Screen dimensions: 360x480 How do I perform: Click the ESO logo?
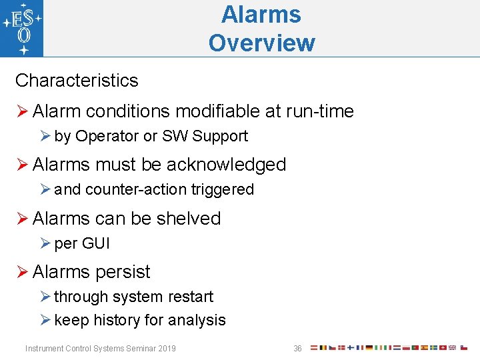(22, 28)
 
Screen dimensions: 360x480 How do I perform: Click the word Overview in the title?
(261, 43)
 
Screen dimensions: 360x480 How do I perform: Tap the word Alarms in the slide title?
(261, 14)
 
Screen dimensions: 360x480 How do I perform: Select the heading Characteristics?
(77, 81)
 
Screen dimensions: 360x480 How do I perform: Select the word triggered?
(223, 190)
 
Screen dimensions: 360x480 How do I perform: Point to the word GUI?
(95, 244)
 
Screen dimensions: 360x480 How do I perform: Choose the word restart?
(192, 297)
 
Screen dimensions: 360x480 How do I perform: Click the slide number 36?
(297, 349)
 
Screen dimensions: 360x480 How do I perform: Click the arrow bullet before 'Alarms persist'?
(21, 272)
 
